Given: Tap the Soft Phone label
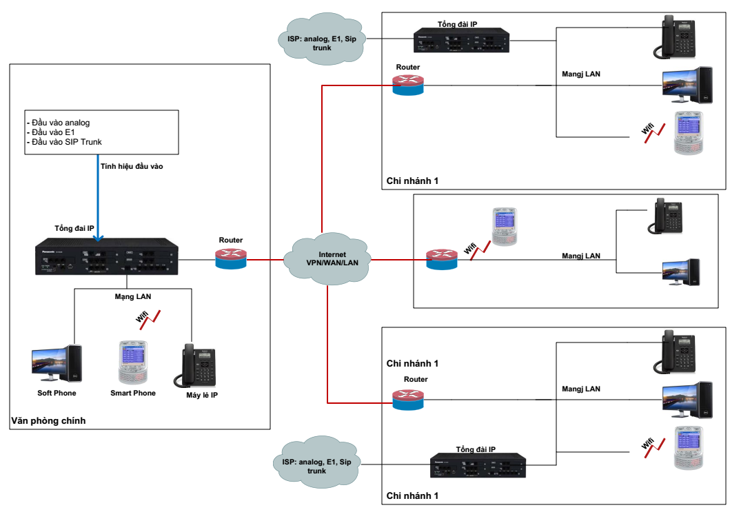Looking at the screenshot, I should [x=57, y=393].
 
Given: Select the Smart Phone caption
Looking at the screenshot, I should [x=133, y=393].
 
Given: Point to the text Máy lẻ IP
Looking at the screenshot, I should [x=201, y=396].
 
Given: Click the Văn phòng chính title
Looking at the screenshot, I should [x=48, y=420].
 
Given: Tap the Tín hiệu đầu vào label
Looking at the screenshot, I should [x=132, y=166].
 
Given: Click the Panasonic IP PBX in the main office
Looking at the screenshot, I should [x=107, y=256].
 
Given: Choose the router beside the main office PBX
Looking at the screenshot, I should [x=230, y=258].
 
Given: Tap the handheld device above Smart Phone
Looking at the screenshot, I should [x=132, y=362].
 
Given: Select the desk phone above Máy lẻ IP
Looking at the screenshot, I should [x=199, y=366].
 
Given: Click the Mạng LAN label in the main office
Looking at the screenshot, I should [x=133, y=296].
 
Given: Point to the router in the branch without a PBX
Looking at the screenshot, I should [x=441, y=259].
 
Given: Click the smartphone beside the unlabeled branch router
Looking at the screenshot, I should [x=504, y=227].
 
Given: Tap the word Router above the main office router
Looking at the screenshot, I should [x=231, y=240].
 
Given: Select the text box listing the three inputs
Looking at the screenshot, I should [x=101, y=132].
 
